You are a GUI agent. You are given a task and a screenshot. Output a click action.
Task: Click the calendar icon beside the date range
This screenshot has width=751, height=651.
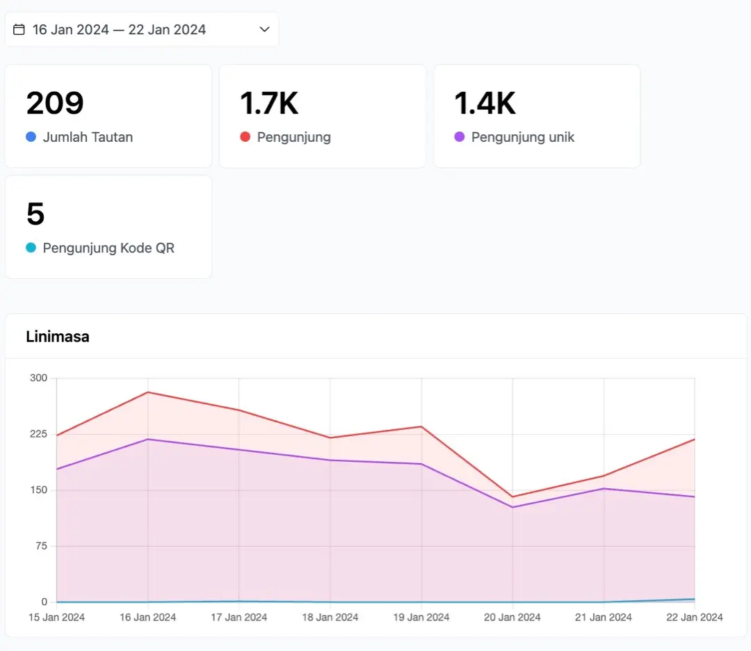pos(19,30)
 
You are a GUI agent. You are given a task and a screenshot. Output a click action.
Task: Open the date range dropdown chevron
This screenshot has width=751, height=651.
pos(264,29)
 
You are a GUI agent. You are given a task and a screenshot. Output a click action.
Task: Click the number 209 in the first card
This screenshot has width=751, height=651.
pos(55,103)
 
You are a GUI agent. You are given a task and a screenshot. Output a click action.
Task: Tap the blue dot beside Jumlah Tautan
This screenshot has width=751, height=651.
pos(31,137)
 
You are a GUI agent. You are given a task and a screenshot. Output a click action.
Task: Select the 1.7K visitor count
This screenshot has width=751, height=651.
pos(269,103)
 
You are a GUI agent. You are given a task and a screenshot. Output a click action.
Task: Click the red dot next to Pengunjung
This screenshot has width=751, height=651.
pos(245,137)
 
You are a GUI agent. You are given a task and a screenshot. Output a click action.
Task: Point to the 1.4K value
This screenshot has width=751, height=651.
pos(485,103)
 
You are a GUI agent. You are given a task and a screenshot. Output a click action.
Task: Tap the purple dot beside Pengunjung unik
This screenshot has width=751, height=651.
pos(460,137)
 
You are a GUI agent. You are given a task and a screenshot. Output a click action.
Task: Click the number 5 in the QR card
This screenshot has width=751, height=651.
pos(35,214)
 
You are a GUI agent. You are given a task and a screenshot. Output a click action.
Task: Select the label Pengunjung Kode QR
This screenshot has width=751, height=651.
pos(108,248)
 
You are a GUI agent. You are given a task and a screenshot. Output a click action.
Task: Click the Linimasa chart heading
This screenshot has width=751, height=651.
pos(58,337)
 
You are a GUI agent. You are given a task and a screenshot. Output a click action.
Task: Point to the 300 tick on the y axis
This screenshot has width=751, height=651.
pos(38,378)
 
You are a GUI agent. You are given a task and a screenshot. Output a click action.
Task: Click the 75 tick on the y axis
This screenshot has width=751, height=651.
pos(41,546)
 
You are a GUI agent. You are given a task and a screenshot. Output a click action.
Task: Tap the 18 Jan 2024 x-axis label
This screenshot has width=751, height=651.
pos(330,618)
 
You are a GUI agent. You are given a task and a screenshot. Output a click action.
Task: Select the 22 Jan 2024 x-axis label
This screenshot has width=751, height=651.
pos(695,618)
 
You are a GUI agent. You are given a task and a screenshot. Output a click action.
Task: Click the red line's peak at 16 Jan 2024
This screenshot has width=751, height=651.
pos(148,392)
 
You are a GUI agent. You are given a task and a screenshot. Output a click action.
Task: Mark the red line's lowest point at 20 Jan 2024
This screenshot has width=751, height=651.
pos(512,497)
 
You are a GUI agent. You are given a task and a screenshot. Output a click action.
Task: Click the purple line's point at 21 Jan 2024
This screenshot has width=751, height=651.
pos(604,489)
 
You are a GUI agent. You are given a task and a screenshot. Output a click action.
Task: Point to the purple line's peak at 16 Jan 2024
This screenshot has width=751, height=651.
pos(148,440)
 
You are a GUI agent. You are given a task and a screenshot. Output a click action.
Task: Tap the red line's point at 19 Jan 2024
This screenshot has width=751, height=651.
pos(421,426)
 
